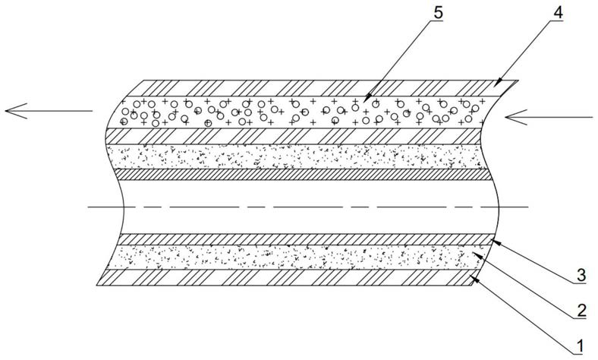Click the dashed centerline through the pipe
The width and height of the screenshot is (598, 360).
304,207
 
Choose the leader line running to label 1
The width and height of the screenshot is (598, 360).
524,312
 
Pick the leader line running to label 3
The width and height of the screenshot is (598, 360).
532,260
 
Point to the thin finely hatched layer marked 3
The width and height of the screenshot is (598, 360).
304,240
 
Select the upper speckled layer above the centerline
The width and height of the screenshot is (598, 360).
304,156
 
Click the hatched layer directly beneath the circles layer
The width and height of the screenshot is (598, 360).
304,135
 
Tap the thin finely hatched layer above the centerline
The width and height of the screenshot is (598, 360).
304,174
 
